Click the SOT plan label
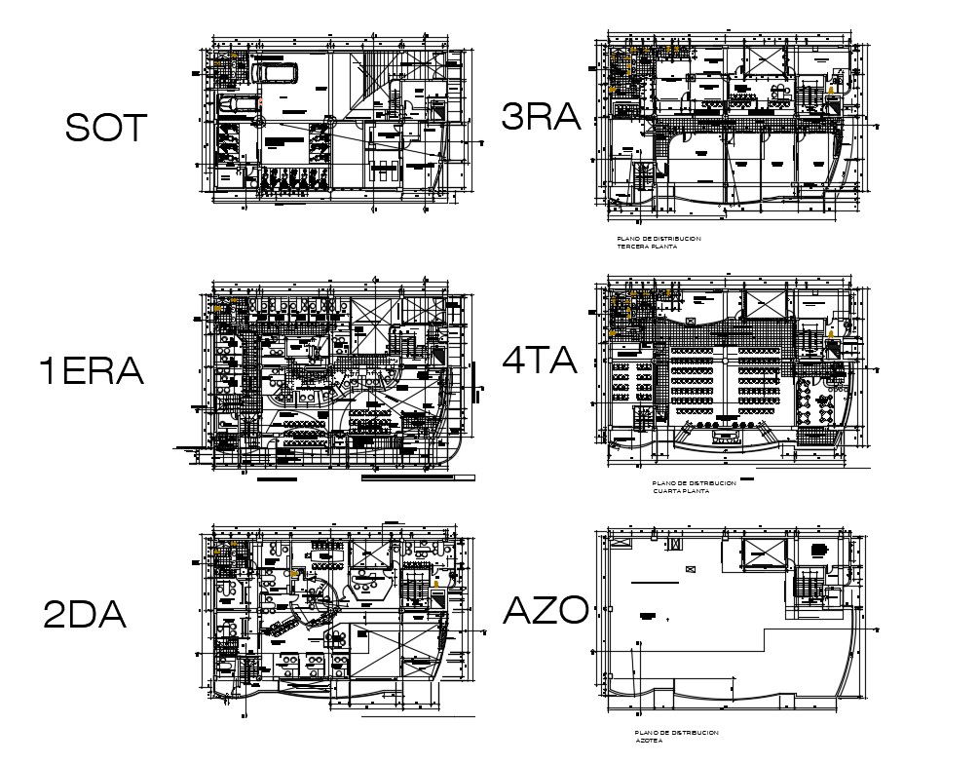tap(105, 128)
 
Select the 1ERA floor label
tap(91, 371)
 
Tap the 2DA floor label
tap(85, 615)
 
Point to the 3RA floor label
tap(540, 118)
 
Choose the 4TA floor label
tap(540, 362)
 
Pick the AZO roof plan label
tap(546, 611)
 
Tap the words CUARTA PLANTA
tap(681, 491)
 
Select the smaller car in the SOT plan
tap(237, 103)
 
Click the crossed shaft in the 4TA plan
tap(763, 304)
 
